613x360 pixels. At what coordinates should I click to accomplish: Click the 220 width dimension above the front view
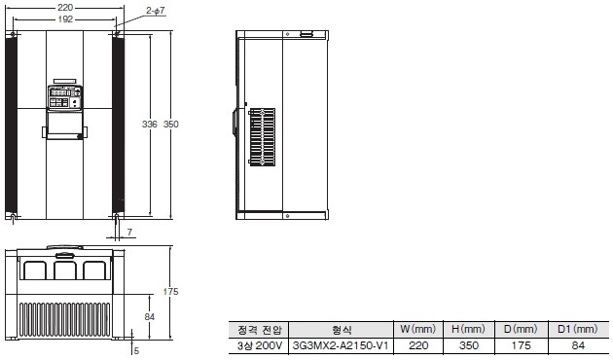[64, 7]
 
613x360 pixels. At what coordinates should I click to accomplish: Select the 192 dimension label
[64, 18]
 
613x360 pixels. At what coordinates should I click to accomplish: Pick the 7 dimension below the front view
[130, 233]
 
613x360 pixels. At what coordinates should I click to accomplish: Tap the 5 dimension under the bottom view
[137, 349]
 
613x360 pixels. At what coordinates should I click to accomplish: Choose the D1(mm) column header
[579, 329]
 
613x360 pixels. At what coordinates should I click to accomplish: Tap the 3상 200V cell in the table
[260, 344]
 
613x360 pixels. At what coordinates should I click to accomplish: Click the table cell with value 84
[579, 344]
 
